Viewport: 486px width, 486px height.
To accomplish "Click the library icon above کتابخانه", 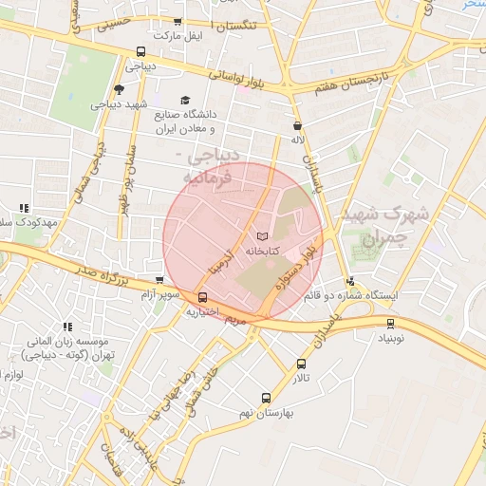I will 262,235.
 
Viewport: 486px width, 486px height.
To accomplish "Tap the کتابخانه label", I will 262,252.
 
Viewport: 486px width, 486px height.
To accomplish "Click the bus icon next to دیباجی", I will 141,52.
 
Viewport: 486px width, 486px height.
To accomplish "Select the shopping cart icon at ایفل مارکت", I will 178,22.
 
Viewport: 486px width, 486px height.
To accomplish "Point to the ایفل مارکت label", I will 180,36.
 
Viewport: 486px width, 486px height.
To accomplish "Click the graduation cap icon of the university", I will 185,100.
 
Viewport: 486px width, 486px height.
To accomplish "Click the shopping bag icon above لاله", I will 298,124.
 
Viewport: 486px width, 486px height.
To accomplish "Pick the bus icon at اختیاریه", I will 202,297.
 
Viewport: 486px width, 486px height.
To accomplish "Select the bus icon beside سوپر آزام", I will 159,281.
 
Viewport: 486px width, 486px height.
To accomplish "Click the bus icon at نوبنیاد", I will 390,323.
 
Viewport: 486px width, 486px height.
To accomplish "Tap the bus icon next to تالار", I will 302,364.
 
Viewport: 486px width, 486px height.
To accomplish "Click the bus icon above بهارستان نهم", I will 266,399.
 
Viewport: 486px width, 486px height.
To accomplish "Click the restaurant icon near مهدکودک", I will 24,207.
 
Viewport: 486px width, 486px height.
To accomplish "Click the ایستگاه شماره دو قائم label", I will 351,295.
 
